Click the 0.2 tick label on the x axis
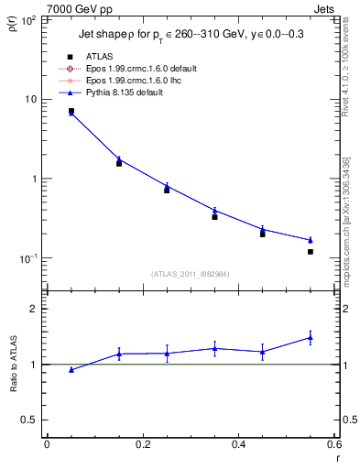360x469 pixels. click(142, 445)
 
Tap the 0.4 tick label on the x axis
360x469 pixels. click(238, 445)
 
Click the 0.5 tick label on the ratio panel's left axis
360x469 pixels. click(30, 420)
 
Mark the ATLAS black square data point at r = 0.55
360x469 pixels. click(311, 251)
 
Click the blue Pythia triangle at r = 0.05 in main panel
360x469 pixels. click(71, 113)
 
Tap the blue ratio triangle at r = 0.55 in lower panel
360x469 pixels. click(311, 338)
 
